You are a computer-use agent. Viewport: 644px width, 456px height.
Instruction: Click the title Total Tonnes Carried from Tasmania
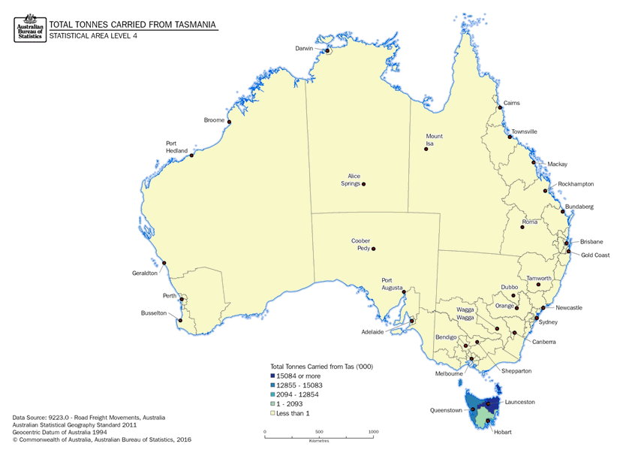tap(133, 24)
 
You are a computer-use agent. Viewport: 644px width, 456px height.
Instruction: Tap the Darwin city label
tap(303, 48)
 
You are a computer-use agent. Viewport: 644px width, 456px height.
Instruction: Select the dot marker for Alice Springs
tap(363, 184)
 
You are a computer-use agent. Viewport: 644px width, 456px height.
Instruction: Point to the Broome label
tap(214, 120)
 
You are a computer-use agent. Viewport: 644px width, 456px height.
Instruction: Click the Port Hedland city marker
tap(192, 156)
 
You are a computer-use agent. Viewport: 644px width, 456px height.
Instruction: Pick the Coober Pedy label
tap(361, 245)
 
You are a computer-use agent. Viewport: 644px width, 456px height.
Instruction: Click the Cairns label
tap(511, 103)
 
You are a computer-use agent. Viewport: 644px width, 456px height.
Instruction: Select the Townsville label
tap(524, 131)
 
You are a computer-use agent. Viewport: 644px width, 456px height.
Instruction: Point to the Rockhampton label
tap(576, 184)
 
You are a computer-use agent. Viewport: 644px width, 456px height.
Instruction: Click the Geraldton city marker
tap(164, 263)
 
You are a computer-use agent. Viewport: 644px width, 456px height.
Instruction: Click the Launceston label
tap(519, 402)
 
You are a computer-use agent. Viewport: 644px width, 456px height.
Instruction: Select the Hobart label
tap(502, 433)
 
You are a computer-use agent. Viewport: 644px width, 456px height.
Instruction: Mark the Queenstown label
tap(445, 411)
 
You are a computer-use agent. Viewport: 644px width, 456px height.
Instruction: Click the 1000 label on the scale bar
tap(374, 432)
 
